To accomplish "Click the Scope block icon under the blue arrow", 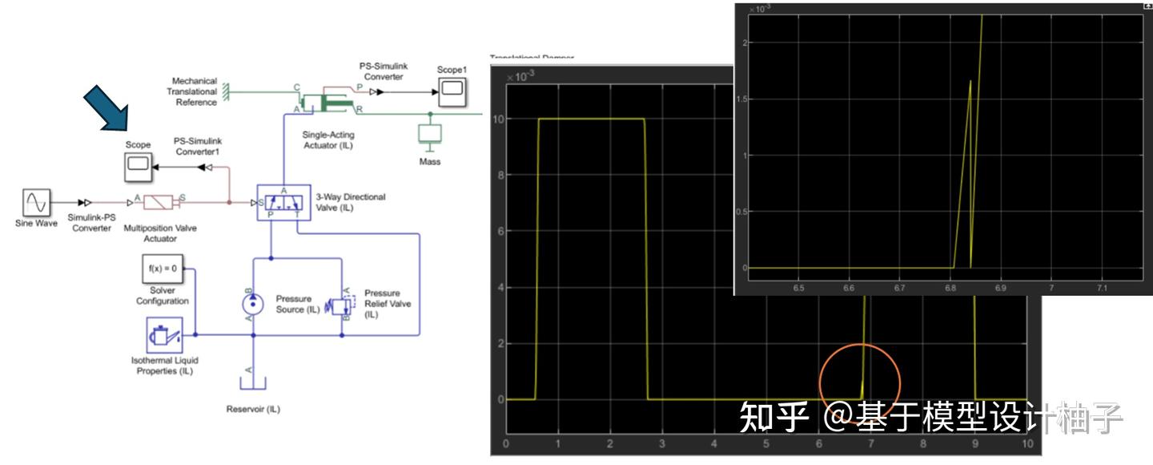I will (139, 167).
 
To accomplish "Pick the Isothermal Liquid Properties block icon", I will (164, 335).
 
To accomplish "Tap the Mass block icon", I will (430, 134).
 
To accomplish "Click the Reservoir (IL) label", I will (253, 409).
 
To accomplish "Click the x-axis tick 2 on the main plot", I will (609, 444).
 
